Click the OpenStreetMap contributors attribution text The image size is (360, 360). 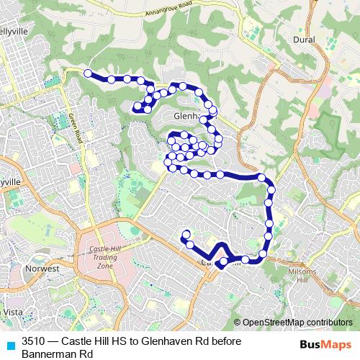(297, 322)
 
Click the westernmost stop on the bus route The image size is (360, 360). (88, 73)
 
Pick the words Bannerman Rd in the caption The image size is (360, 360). (58, 354)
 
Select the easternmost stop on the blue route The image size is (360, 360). (271, 191)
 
